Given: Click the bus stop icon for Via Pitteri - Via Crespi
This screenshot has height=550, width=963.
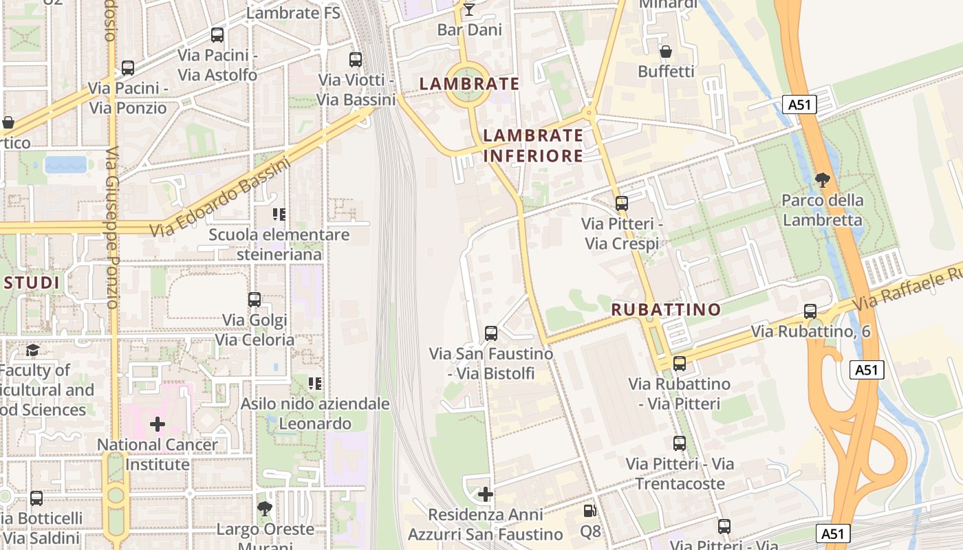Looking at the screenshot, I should [x=622, y=203].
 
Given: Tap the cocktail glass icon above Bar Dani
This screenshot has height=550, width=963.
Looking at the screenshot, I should [x=469, y=9].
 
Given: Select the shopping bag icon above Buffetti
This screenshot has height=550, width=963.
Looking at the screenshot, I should [x=666, y=52].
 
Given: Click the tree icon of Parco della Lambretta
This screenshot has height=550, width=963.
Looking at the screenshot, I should [x=822, y=180].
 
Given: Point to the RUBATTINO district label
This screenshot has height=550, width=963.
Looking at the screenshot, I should [x=666, y=309].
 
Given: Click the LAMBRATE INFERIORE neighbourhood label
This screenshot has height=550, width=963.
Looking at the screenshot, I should [x=533, y=146].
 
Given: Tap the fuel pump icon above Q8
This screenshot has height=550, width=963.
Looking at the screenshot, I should [x=589, y=511].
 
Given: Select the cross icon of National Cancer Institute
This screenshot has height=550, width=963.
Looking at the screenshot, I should [x=158, y=424].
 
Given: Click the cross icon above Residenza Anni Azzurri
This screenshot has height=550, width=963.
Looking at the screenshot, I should [x=486, y=494].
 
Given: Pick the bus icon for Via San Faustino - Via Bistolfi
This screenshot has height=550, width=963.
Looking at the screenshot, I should [x=491, y=333].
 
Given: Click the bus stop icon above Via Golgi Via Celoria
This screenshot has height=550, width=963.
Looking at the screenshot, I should [x=255, y=300].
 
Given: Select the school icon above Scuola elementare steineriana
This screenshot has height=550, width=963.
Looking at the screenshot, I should [x=279, y=214].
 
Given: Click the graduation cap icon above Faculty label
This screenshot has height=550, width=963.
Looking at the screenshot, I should [x=32, y=351].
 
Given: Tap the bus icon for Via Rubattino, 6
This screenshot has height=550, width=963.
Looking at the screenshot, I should [x=810, y=311].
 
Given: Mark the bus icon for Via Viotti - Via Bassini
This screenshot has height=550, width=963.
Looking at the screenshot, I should [x=356, y=60].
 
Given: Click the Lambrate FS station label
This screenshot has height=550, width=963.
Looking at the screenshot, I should [x=293, y=13].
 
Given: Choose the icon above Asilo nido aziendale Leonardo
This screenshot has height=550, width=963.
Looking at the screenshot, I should [x=315, y=384].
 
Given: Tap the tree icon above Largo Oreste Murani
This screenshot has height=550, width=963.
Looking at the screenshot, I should [x=264, y=509].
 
